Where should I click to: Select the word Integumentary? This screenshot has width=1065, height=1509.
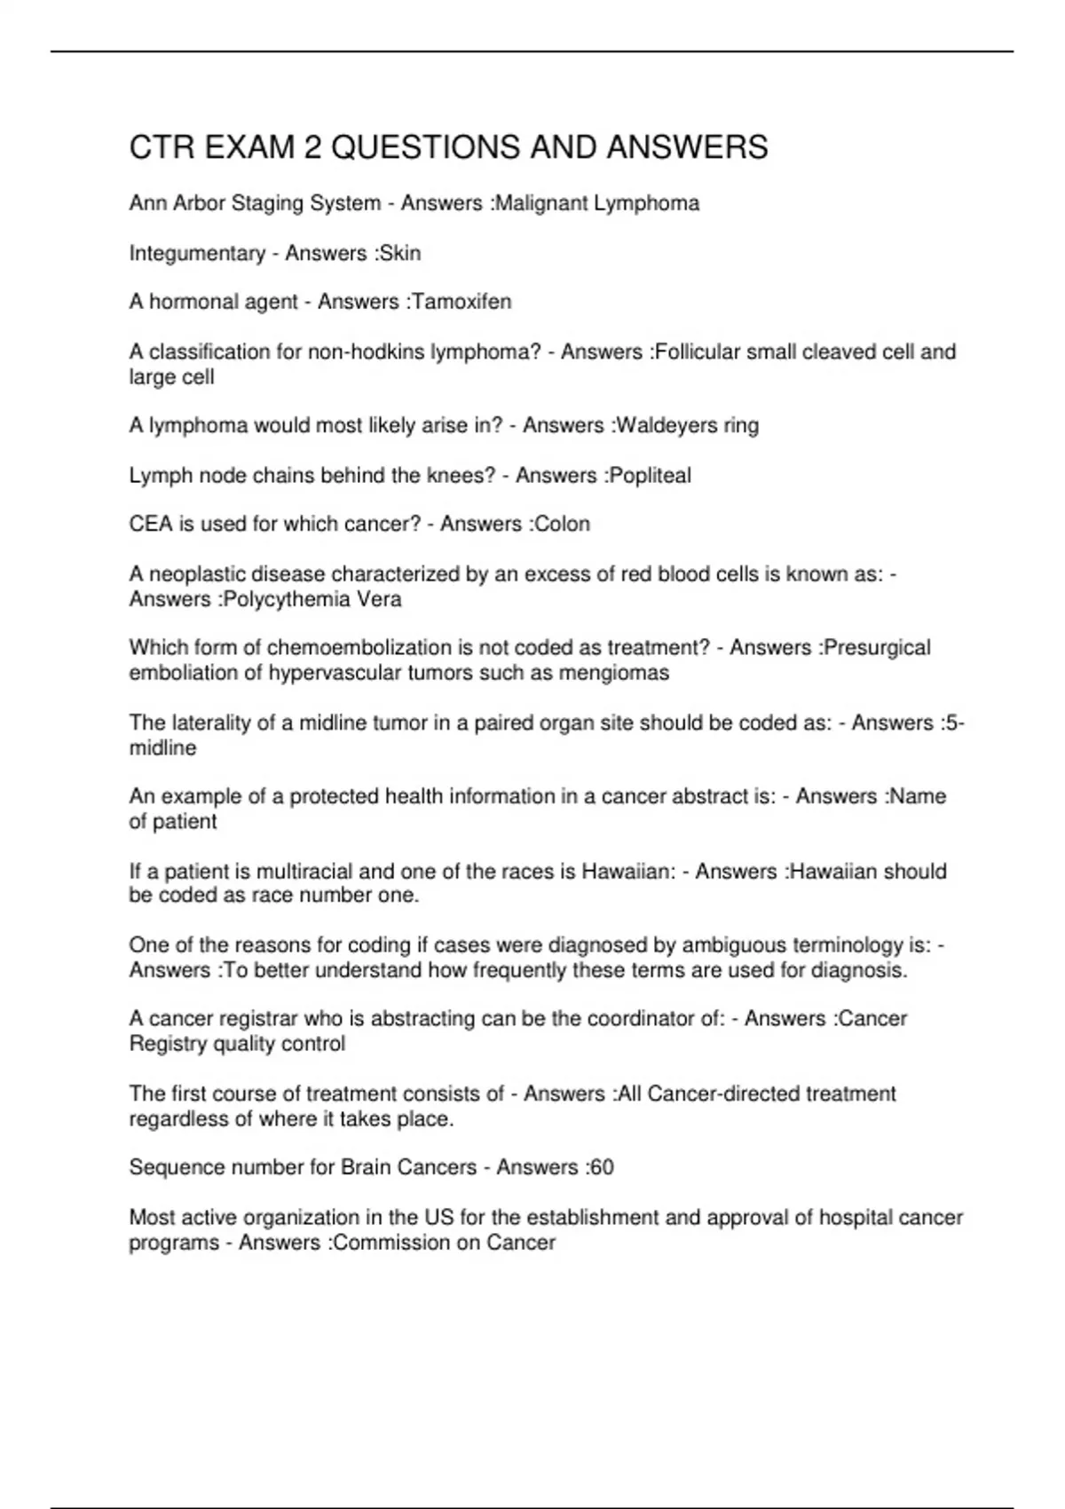pyautogui.click(x=197, y=253)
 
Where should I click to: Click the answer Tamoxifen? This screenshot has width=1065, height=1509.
pyautogui.click(x=461, y=302)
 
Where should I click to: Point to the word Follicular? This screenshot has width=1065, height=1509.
pyautogui.click(x=697, y=352)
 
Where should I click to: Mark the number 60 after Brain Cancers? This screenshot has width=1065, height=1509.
pyautogui.click(x=602, y=1166)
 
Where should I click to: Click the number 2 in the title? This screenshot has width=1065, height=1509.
pyautogui.click(x=312, y=147)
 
